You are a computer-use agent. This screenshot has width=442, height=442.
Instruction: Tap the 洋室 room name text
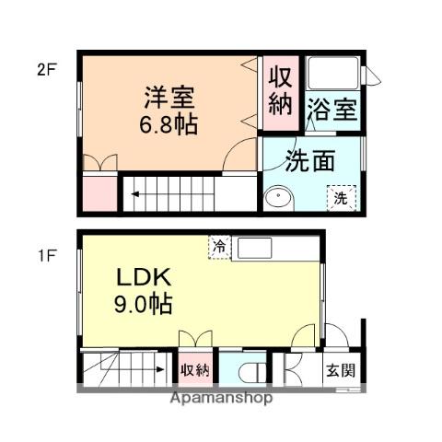[x=169, y=97]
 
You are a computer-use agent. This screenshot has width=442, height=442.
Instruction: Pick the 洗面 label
[x=308, y=161]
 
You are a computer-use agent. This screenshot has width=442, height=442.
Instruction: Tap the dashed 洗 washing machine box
[x=340, y=197]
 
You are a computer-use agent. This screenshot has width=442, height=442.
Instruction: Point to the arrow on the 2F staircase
[x=134, y=193]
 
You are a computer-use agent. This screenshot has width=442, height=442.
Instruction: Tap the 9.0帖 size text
[x=143, y=304]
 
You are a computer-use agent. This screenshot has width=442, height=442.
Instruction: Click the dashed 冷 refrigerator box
[x=219, y=247]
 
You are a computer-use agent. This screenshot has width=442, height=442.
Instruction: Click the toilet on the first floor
[x=249, y=373]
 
